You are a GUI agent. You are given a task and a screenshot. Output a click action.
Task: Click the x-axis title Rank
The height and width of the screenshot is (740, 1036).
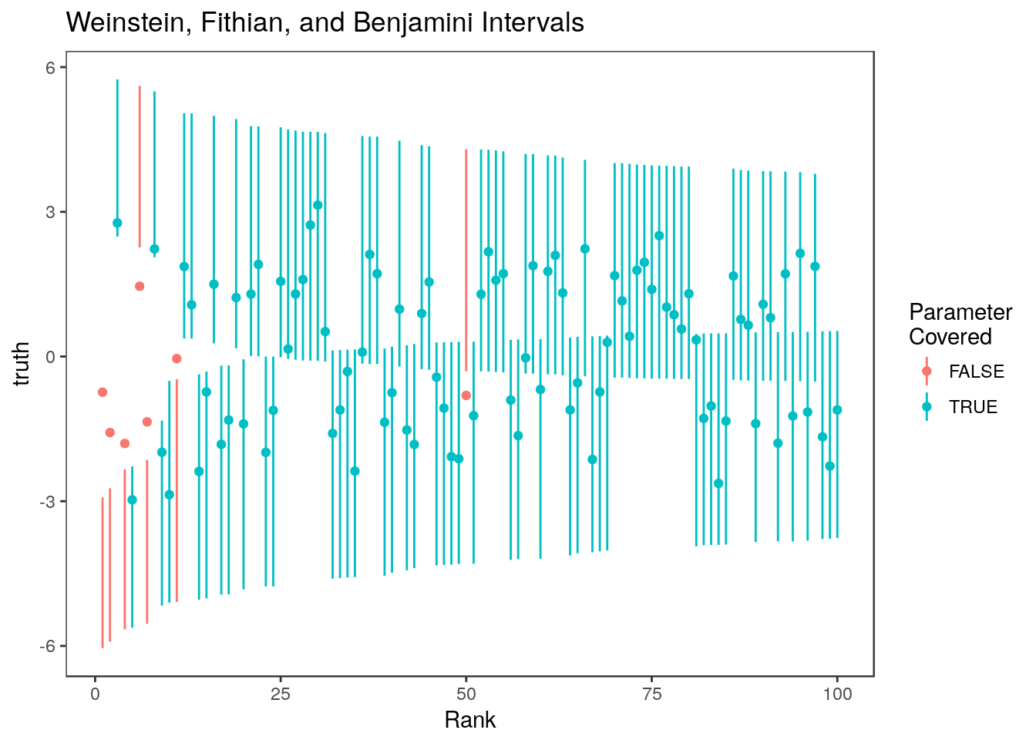pyautogui.click(x=469, y=720)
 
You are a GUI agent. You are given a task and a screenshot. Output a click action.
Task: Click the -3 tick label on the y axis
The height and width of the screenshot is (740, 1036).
pyautogui.click(x=48, y=502)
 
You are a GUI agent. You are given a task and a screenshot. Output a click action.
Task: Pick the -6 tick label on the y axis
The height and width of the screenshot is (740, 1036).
pyautogui.click(x=48, y=646)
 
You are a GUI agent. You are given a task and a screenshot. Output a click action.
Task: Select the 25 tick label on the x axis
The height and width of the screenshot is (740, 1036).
pyautogui.click(x=281, y=694)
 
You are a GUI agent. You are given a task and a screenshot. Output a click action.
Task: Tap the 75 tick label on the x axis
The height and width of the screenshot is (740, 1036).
pyautogui.click(x=651, y=694)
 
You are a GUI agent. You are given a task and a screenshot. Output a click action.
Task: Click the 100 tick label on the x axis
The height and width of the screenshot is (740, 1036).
pyautogui.click(x=837, y=694)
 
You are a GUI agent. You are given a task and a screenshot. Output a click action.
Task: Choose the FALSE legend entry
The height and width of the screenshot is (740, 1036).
pyautogui.click(x=976, y=372)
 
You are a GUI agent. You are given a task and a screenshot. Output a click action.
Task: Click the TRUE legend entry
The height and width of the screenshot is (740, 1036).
pyautogui.click(x=973, y=407)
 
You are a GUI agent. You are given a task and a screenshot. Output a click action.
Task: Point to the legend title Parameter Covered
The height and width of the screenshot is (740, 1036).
pyautogui.click(x=960, y=325)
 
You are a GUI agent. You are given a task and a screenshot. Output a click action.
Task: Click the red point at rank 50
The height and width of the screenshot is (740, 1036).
pyautogui.click(x=466, y=395)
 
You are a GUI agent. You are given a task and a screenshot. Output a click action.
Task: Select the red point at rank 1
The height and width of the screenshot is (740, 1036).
pyautogui.click(x=103, y=392)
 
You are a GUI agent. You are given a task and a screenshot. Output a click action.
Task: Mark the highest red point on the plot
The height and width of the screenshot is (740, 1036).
pyautogui.click(x=140, y=286)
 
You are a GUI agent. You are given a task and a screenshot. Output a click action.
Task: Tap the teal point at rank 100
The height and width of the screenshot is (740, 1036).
pyautogui.click(x=837, y=410)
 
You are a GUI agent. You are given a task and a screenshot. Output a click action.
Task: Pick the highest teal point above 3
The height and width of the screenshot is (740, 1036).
pyautogui.click(x=318, y=205)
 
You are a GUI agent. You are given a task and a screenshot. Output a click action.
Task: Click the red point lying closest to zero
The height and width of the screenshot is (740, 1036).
pyautogui.click(x=177, y=358)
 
